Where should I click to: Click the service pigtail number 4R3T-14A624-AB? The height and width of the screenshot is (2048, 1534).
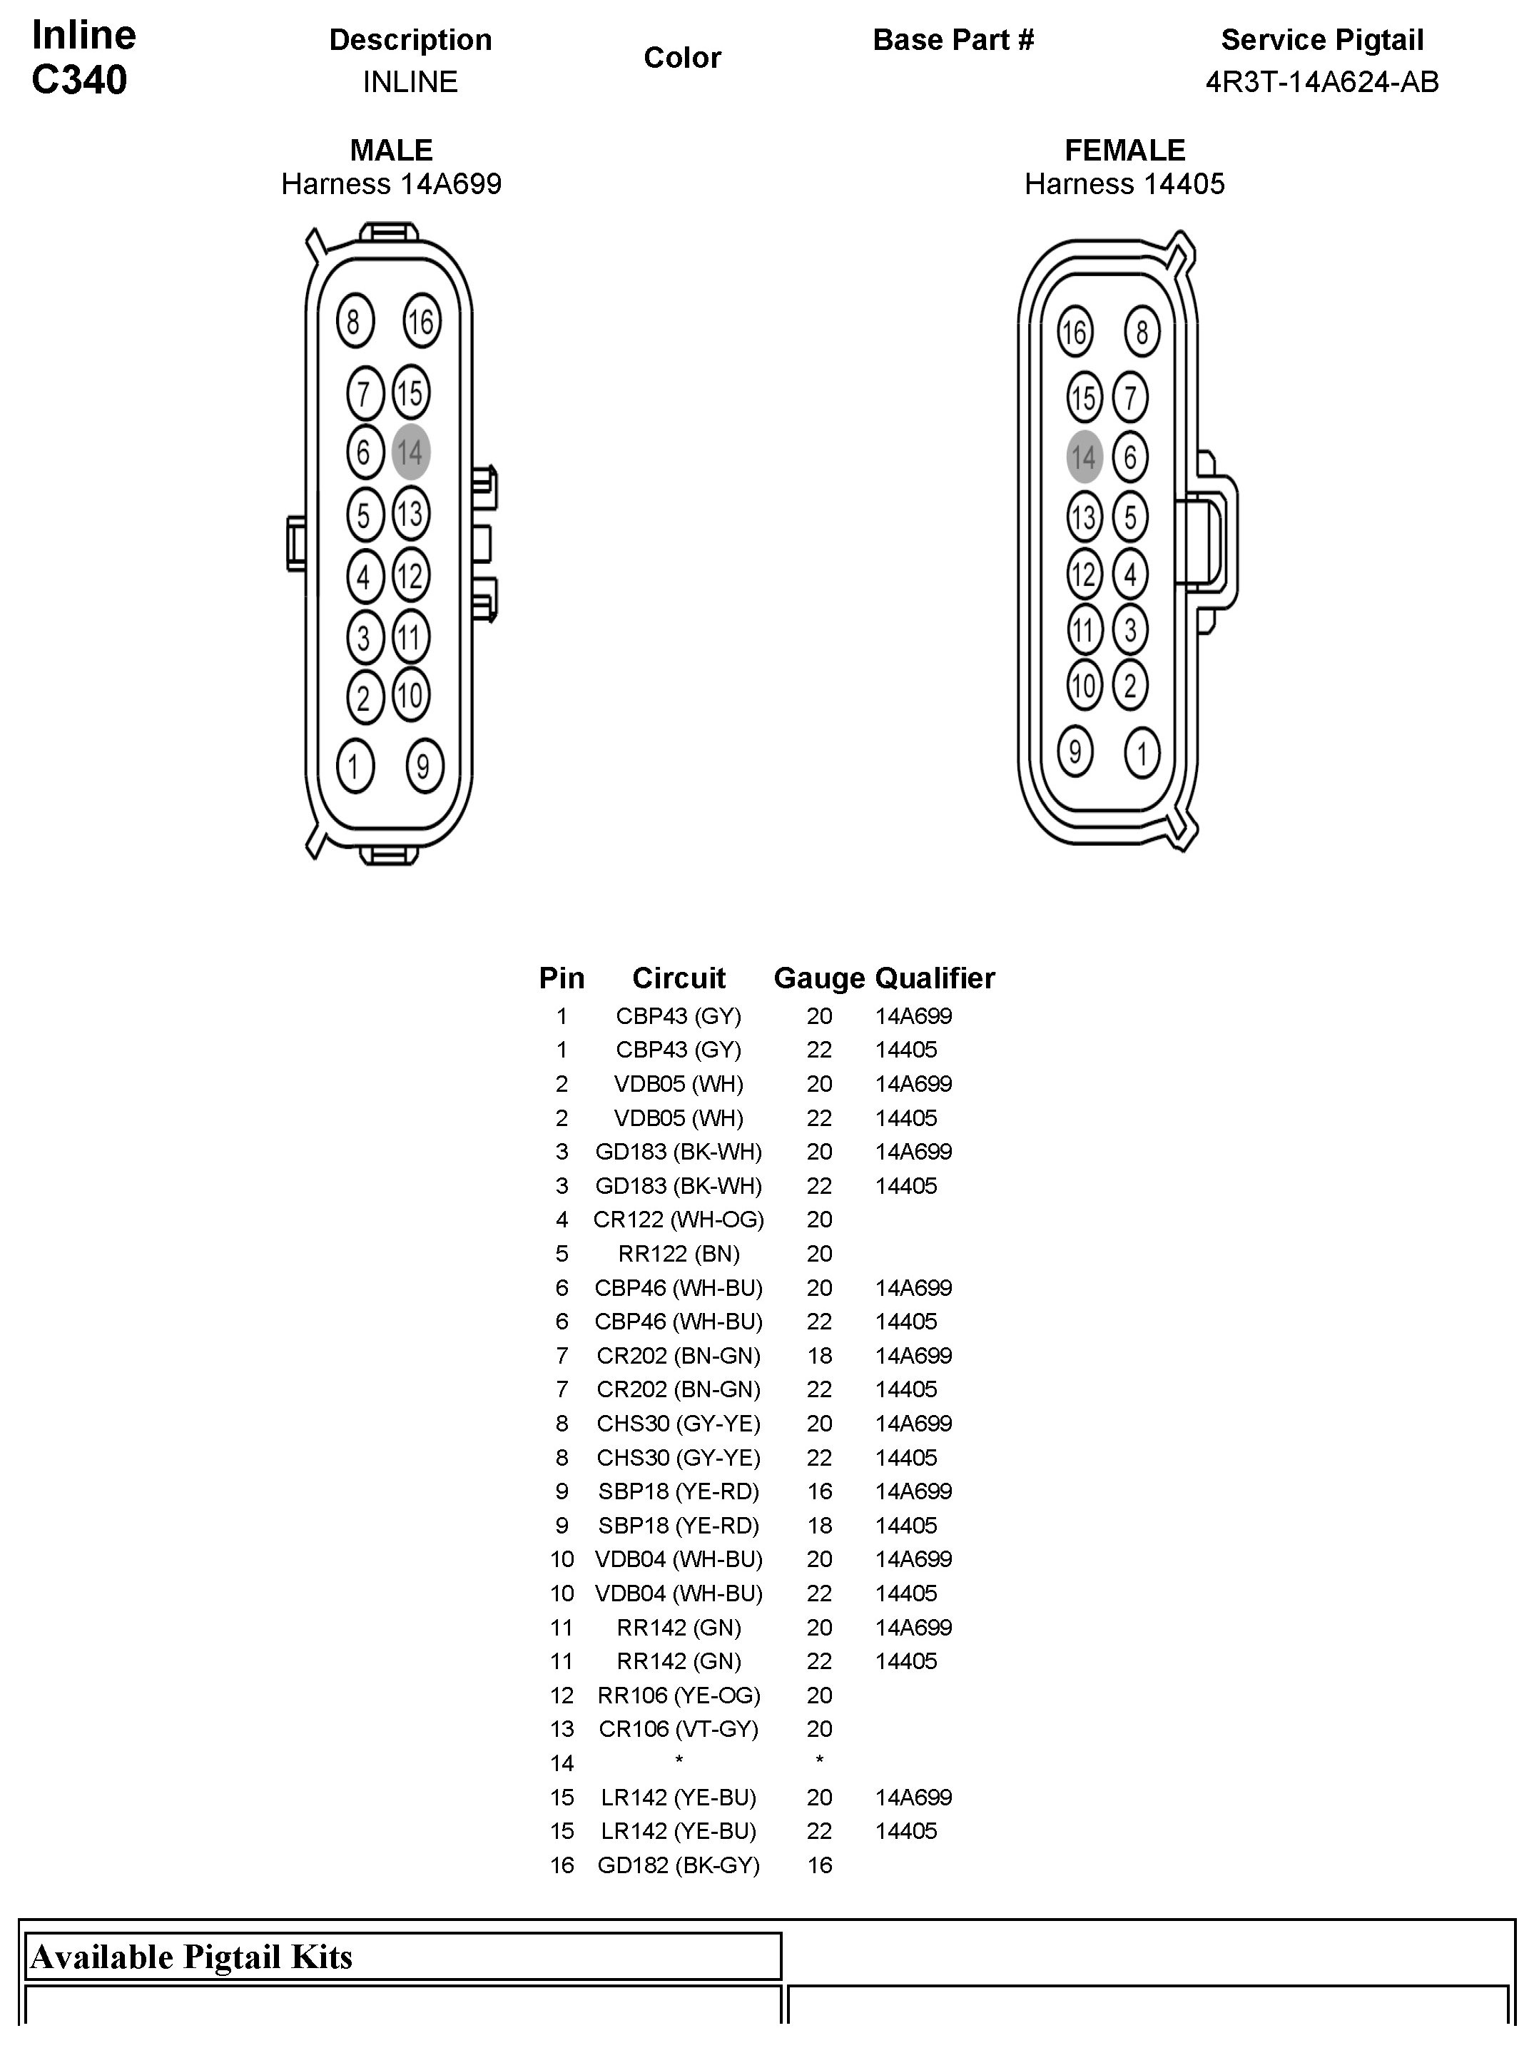coord(1321,82)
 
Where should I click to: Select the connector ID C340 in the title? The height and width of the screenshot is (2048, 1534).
coord(80,80)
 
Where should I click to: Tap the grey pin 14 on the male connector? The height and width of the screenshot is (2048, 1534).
coord(410,452)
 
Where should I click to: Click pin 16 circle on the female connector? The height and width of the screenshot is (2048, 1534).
coord(1074,331)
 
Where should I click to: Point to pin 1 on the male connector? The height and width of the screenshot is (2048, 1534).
coord(355,766)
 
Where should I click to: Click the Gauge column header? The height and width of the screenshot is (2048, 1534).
coord(818,978)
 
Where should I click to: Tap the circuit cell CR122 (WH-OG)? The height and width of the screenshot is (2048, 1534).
coord(679,1220)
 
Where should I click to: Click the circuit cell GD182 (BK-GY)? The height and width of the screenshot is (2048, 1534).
coord(679,1865)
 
